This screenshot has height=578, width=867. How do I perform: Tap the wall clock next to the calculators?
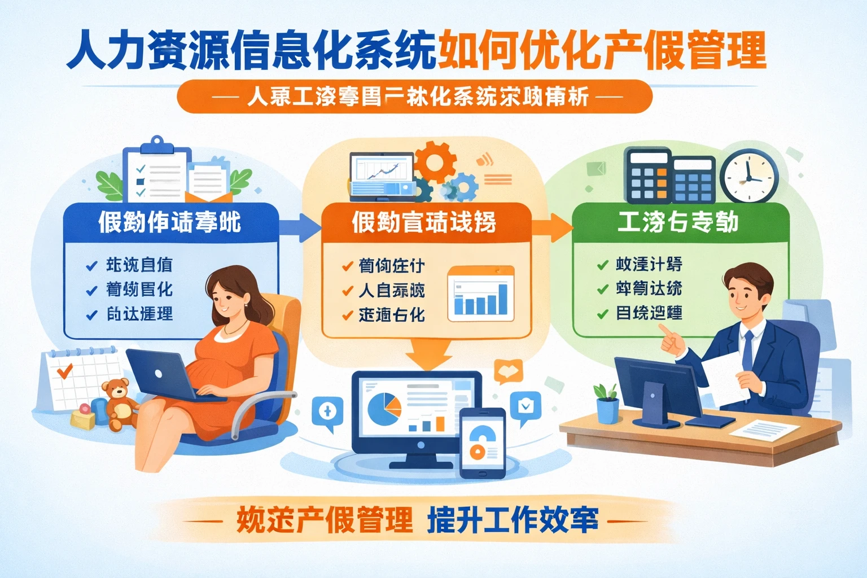click(748, 176)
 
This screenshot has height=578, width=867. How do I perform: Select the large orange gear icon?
click(435, 160)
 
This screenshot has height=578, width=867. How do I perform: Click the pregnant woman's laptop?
click(161, 375)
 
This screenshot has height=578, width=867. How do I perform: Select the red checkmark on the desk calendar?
click(65, 371)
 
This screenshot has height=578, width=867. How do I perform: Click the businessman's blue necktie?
click(747, 351)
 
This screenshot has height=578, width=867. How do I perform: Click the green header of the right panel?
click(680, 222)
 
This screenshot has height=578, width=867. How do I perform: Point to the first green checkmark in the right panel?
click(602, 265)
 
